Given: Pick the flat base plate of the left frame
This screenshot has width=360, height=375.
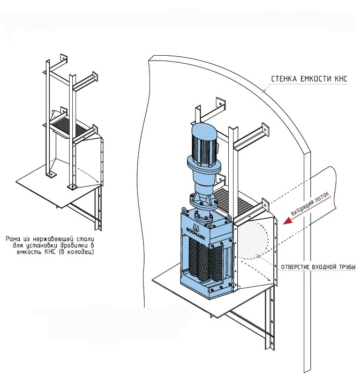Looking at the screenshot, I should coord(54,187).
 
